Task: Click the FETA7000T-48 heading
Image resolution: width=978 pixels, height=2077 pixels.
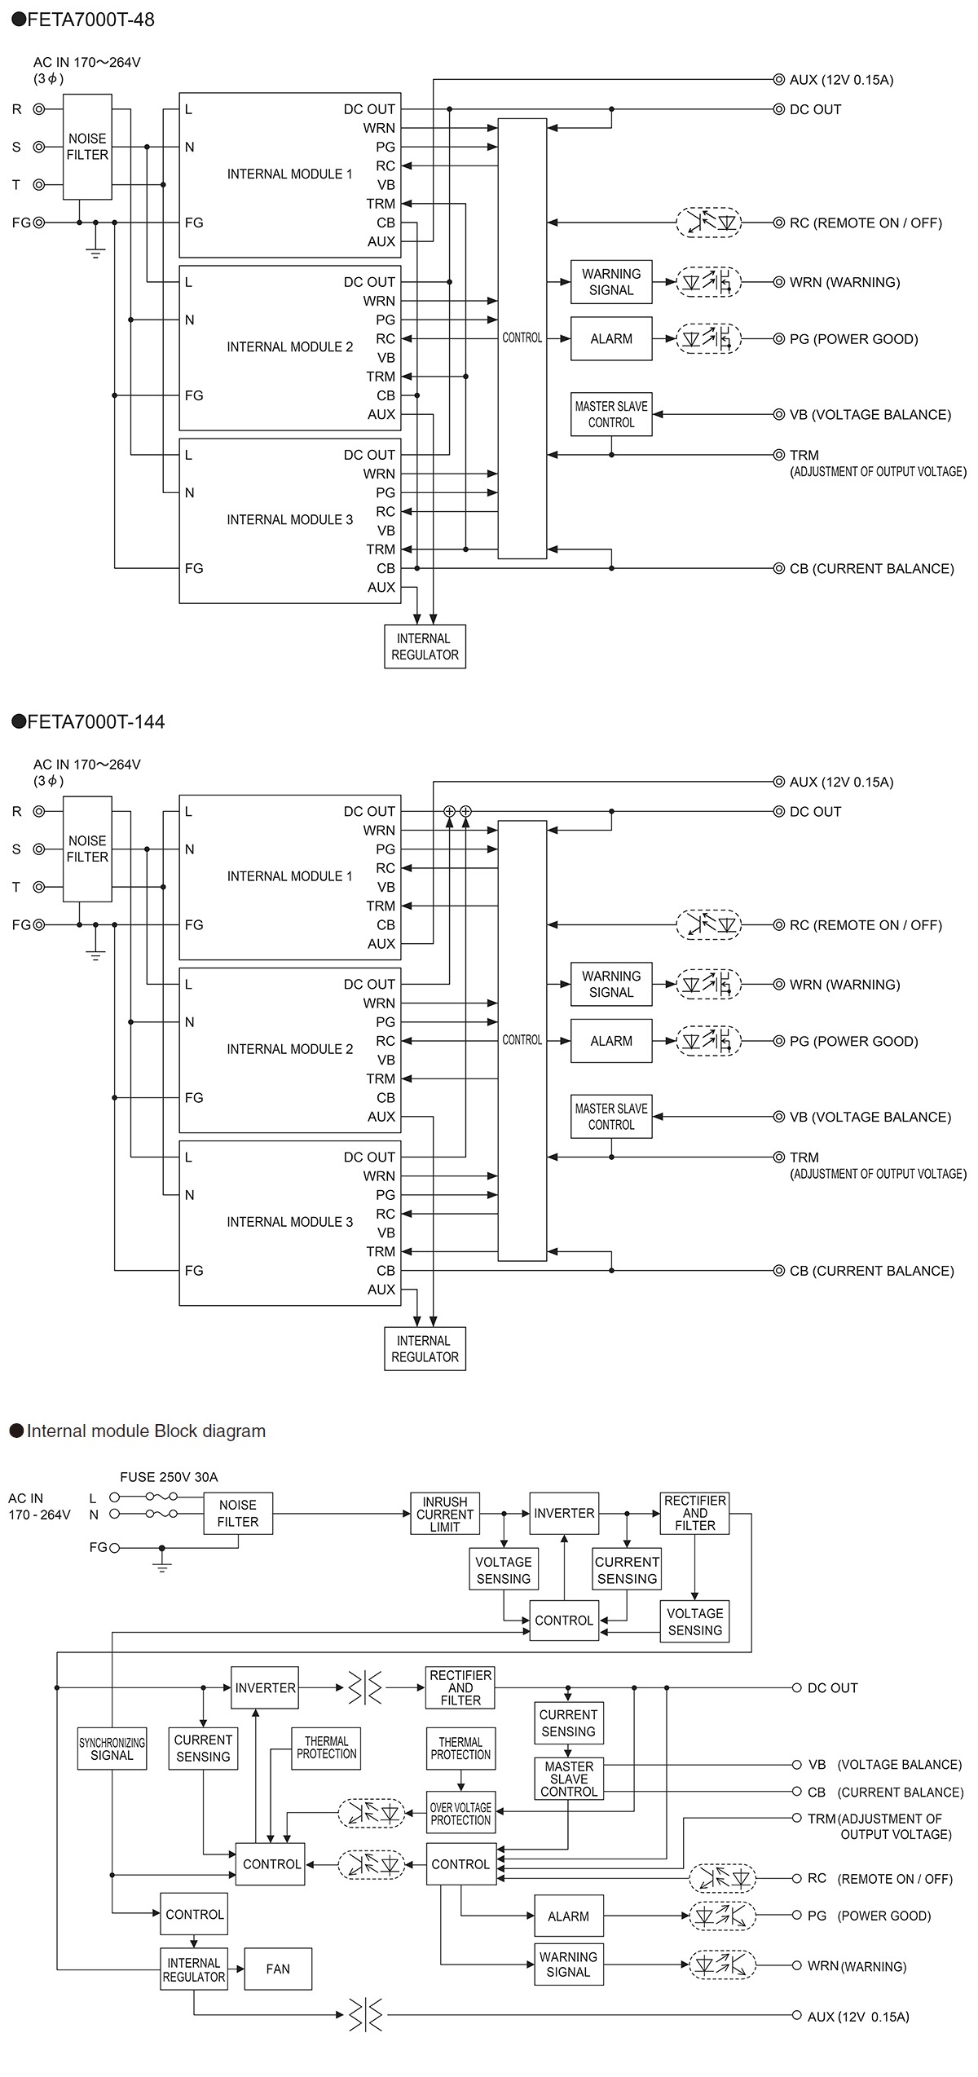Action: point(83,20)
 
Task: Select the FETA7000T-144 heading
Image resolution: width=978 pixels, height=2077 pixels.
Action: point(88,721)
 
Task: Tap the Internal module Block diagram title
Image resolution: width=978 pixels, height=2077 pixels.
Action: point(139,1431)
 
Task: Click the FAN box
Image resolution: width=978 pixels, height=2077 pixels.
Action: point(278,1968)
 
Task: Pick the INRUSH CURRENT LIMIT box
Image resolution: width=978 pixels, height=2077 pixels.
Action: point(444,1514)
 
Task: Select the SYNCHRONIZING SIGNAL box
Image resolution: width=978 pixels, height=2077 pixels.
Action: point(112,1748)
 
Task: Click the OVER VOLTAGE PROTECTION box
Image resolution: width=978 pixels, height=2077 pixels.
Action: point(460,1813)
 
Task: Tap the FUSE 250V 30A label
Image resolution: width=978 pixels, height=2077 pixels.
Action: point(169,1476)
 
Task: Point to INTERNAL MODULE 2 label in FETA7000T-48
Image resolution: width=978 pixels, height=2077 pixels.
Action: point(289,346)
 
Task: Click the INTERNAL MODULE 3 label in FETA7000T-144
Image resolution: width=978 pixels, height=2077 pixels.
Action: point(289,1221)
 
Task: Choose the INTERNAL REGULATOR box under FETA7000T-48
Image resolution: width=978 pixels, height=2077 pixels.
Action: point(425,646)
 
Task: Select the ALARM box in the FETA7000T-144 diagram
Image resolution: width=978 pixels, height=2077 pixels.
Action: point(611,1041)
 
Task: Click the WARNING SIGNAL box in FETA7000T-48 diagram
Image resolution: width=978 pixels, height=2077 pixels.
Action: point(611,282)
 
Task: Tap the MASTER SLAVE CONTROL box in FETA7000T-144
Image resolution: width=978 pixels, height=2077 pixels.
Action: point(611,1116)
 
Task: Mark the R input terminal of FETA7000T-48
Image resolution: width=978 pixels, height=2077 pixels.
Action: point(38,109)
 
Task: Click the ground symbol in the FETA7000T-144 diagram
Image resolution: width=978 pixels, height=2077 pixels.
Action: point(95,954)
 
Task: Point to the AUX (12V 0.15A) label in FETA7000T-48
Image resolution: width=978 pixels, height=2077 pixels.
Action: point(840,80)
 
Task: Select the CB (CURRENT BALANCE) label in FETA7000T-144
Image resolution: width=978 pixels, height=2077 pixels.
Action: point(870,1271)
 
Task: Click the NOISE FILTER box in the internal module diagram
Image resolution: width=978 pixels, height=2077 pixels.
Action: point(237,1514)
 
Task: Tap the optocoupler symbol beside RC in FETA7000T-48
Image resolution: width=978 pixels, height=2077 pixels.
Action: point(709,223)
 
